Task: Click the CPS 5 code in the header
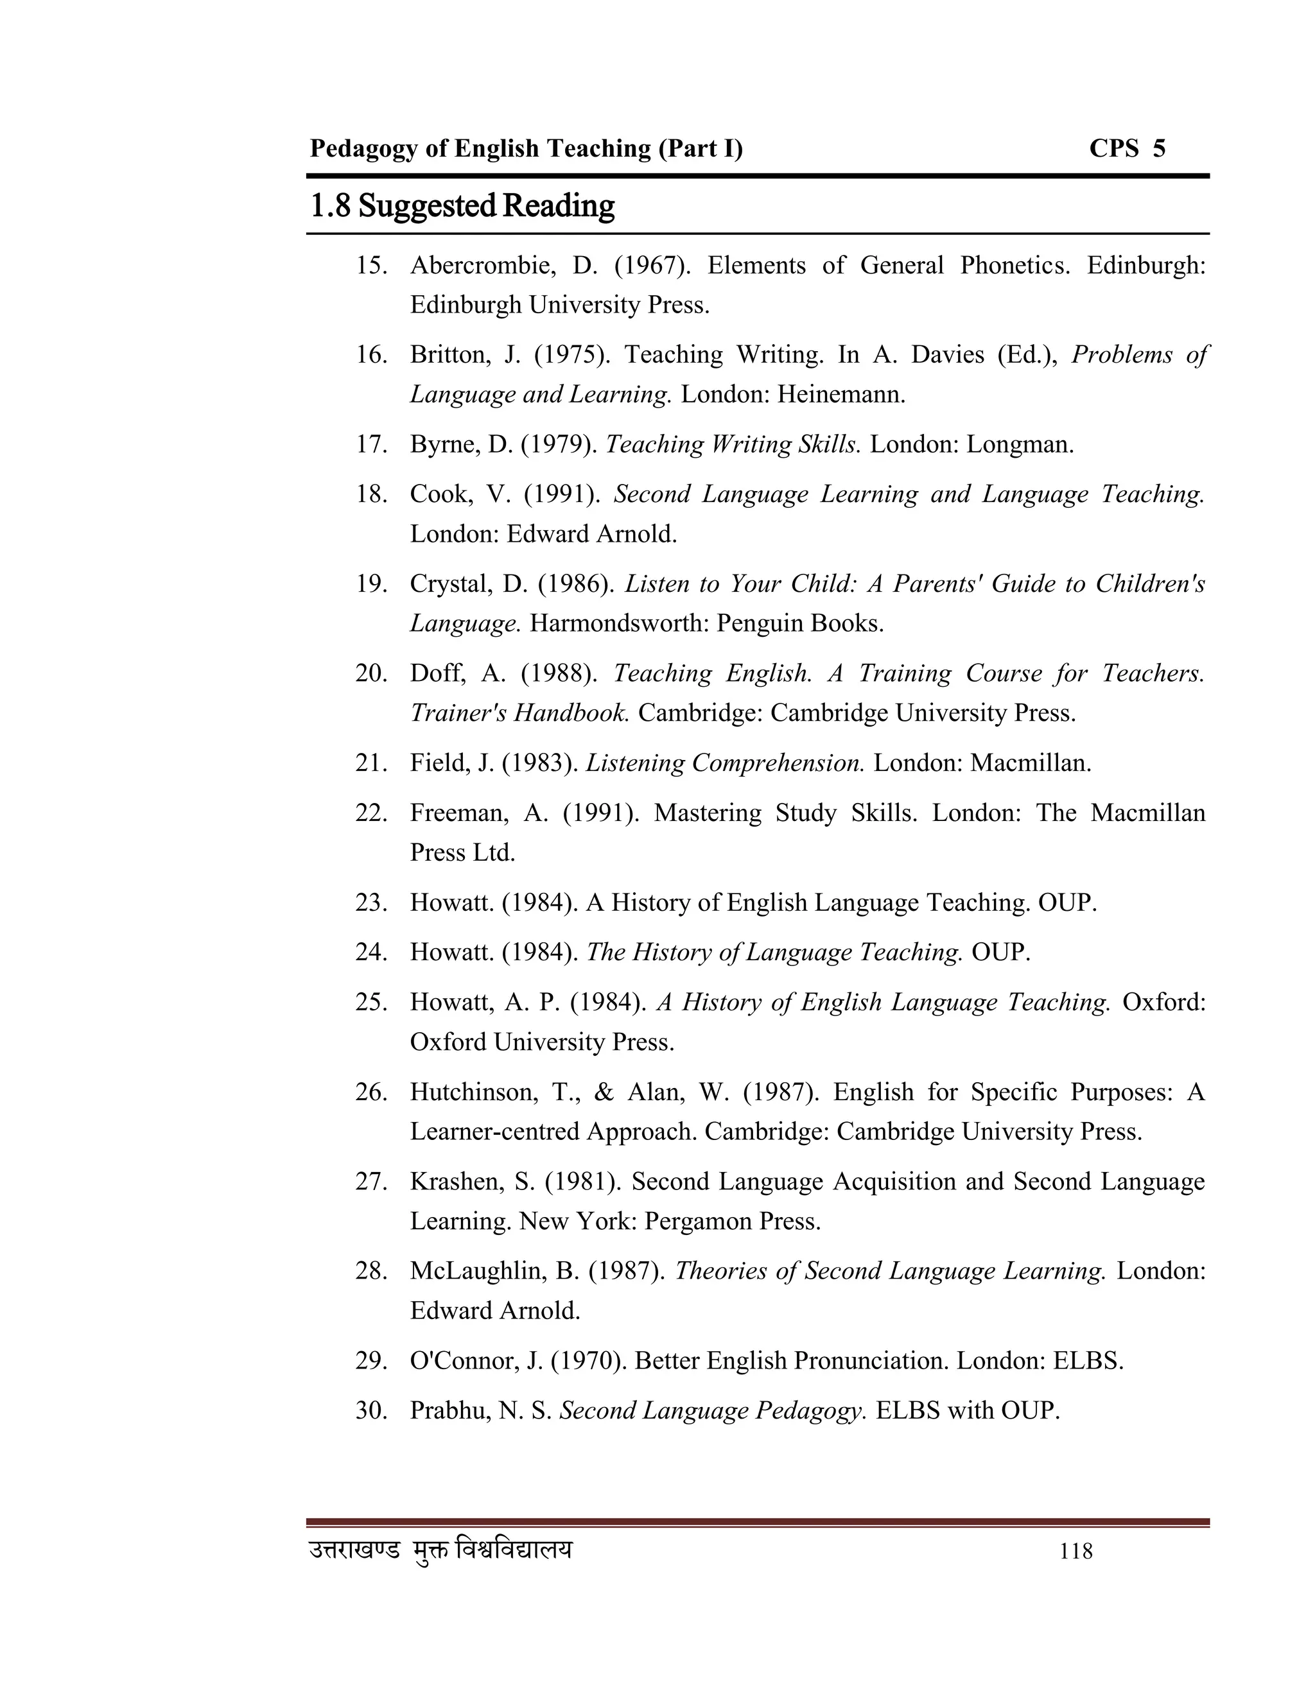pos(1126,148)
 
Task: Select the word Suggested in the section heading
pos(427,207)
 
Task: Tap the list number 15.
pos(371,266)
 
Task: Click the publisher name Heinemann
pos(840,395)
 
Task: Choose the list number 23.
pos(371,902)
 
